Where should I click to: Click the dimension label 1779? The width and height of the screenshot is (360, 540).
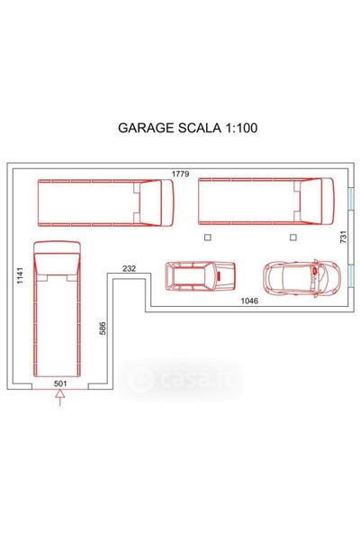(181, 174)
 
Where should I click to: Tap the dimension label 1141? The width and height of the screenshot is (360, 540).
(21, 275)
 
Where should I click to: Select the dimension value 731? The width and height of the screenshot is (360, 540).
(343, 238)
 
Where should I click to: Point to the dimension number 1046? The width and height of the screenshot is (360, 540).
(249, 301)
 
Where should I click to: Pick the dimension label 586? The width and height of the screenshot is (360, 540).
(103, 328)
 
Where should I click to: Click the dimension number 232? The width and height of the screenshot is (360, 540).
(130, 268)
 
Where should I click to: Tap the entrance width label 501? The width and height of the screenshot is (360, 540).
(60, 383)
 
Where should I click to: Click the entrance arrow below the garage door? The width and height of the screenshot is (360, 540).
(60, 398)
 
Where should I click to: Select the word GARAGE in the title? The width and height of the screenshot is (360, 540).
(146, 128)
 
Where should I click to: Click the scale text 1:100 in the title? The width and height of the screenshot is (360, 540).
(241, 128)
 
